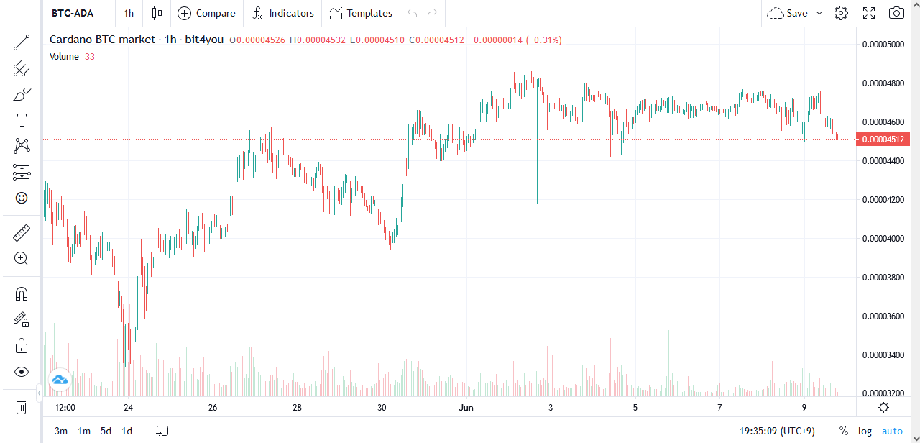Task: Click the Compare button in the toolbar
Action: [206, 13]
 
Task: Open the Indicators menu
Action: [283, 13]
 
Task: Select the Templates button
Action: [362, 13]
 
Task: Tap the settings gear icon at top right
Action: [841, 13]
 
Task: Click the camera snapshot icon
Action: [896, 13]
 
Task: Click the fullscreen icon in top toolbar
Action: [869, 13]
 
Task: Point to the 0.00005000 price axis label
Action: [883, 45]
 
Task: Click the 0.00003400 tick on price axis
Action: [883, 355]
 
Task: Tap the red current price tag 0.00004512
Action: [883, 140]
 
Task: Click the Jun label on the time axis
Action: [466, 408]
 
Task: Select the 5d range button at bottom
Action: [106, 431]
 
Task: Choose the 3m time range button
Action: [61, 431]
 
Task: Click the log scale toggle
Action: [865, 431]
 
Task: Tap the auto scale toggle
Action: [892, 431]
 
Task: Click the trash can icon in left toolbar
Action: [22, 408]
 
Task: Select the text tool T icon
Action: [22, 120]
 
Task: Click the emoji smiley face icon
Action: [22, 197]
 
